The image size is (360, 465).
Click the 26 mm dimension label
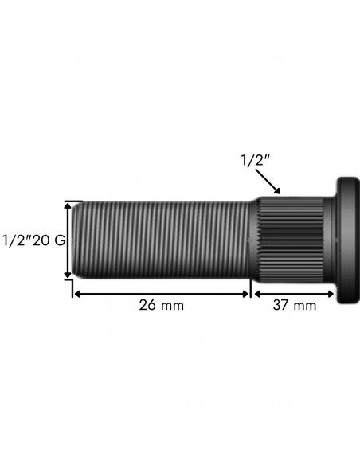coord(162,305)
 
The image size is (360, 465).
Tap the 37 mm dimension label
coord(295,305)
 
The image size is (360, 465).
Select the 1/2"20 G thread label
coord(33,240)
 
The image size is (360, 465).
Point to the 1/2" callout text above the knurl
coord(256,160)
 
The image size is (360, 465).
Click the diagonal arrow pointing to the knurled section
coord(268,182)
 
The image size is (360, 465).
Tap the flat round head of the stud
coord(348,240)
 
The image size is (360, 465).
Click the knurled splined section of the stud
coord(291,240)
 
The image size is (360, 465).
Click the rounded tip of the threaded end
coord(76,240)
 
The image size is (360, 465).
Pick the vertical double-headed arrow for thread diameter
coord(68,240)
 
